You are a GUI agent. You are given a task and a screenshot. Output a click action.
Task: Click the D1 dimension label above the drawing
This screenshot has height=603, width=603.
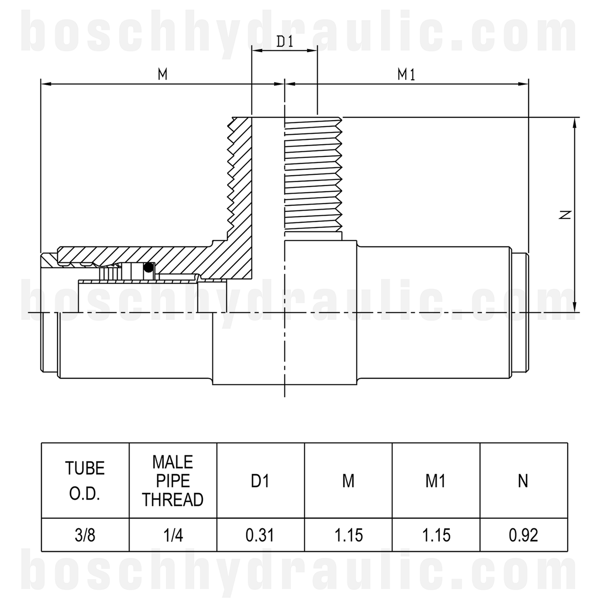(285, 42)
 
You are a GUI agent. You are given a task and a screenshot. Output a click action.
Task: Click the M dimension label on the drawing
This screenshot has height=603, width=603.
(163, 74)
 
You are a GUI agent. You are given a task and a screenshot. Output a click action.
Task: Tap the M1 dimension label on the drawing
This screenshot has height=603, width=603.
(406, 74)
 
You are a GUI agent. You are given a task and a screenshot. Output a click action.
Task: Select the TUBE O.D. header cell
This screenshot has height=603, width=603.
(85, 481)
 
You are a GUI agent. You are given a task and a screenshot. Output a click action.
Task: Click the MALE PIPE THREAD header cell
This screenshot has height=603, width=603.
(173, 481)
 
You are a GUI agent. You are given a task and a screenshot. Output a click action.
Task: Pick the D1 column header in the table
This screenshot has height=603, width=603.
(261, 481)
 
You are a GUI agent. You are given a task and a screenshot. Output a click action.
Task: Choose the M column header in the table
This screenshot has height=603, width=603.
(348, 481)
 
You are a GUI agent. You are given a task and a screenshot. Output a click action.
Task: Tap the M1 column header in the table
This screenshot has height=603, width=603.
(436, 481)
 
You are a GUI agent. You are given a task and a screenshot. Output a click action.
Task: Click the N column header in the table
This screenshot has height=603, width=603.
(523, 481)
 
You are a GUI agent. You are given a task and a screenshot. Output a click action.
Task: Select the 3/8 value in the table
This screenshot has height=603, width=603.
(85, 535)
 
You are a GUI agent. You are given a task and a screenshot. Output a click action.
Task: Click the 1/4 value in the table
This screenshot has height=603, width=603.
(173, 535)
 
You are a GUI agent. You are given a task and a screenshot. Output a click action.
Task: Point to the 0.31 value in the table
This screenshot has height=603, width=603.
(261, 535)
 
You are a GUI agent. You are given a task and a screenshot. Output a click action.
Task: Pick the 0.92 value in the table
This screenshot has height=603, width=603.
(523, 535)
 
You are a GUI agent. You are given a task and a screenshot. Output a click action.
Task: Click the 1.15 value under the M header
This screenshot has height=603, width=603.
(348, 535)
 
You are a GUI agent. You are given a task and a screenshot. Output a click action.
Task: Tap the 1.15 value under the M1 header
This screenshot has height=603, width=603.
(436, 535)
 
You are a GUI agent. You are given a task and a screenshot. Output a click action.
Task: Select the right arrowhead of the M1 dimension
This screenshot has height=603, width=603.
(524, 84)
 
